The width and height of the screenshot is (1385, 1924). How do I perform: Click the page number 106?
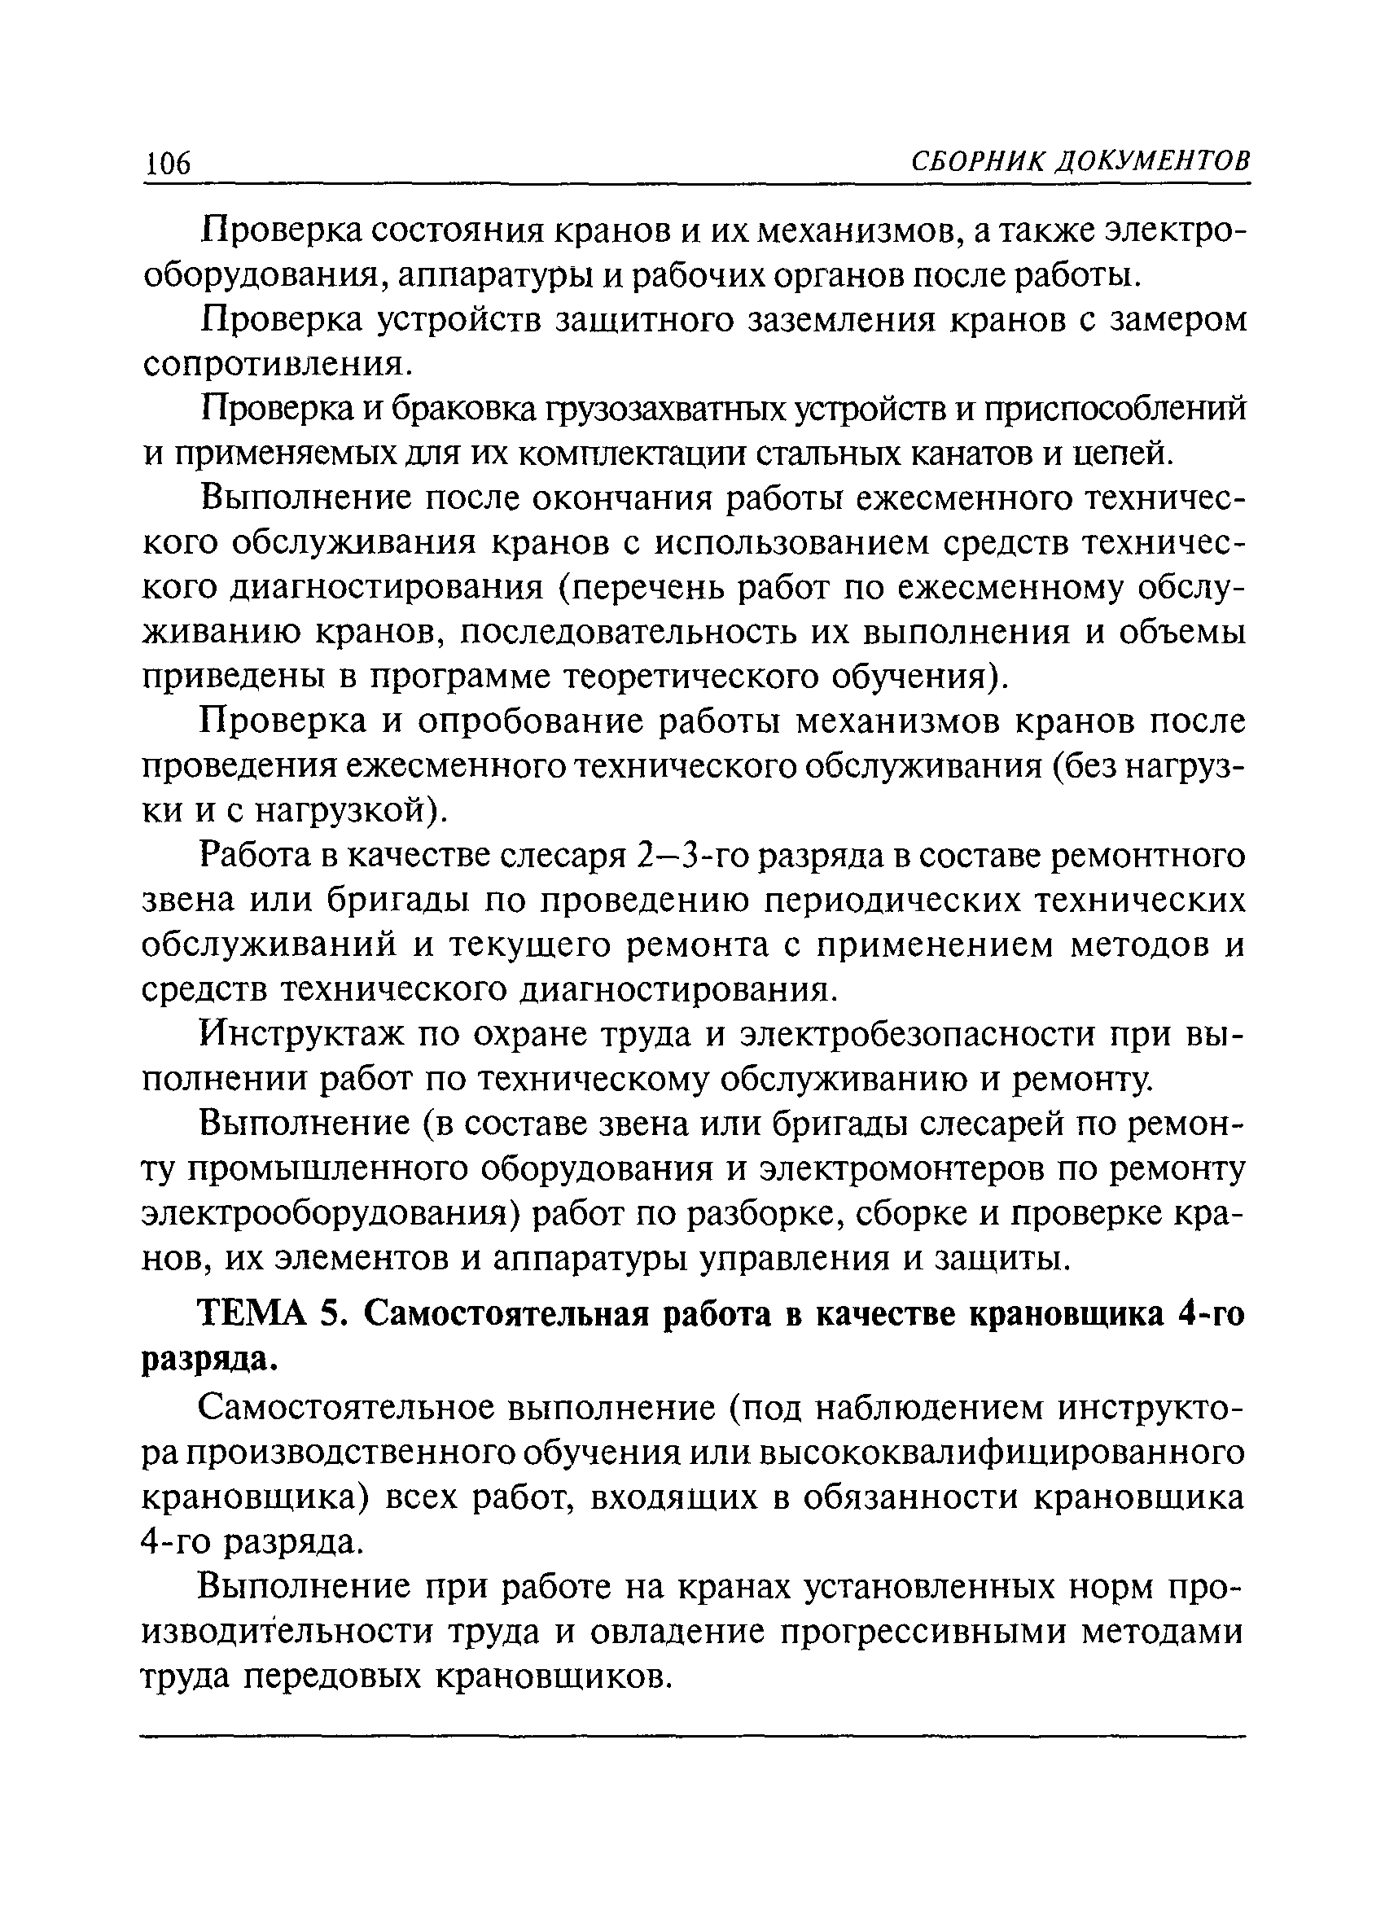[169, 162]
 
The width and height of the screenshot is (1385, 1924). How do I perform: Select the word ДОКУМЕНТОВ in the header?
[1153, 160]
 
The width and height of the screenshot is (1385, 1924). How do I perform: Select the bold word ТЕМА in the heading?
[252, 1313]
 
